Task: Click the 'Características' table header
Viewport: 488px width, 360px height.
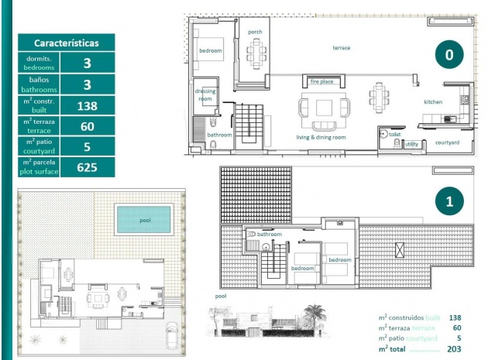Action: (65, 43)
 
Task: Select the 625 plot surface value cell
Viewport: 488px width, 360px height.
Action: (87, 166)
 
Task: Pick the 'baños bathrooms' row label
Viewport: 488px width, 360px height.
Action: (39, 84)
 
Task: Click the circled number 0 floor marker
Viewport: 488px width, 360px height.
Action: (448, 54)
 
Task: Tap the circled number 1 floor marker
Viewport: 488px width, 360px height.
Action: (448, 202)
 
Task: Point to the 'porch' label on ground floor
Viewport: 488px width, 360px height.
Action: (255, 32)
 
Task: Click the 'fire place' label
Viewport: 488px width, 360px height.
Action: (321, 81)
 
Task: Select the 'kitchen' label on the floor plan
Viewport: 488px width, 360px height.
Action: (432, 102)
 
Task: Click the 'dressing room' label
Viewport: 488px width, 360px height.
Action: (205, 95)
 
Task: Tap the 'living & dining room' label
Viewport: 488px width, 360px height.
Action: (321, 137)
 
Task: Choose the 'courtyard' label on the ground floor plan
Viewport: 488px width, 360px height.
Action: (447, 142)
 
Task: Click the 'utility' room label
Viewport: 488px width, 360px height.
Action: (411, 144)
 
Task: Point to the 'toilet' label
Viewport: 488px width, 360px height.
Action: (394, 134)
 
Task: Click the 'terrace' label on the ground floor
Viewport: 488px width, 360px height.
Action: (341, 48)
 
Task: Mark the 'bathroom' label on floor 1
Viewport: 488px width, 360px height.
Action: (269, 234)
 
